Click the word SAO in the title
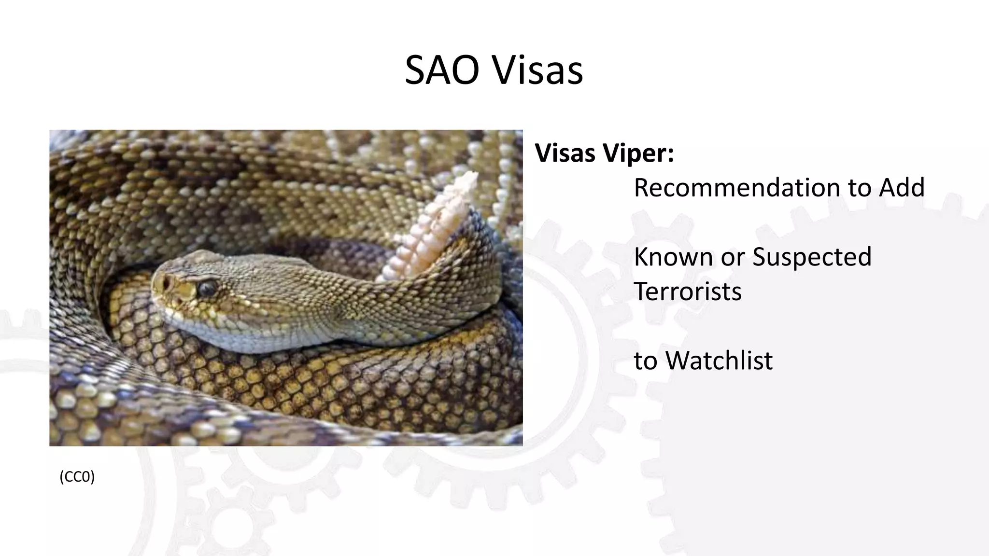click(x=441, y=71)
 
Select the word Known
click(x=673, y=256)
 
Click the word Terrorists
click(x=687, y=292)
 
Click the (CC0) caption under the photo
click(x=77, y=477)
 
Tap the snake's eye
click(x=207, y=288)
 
